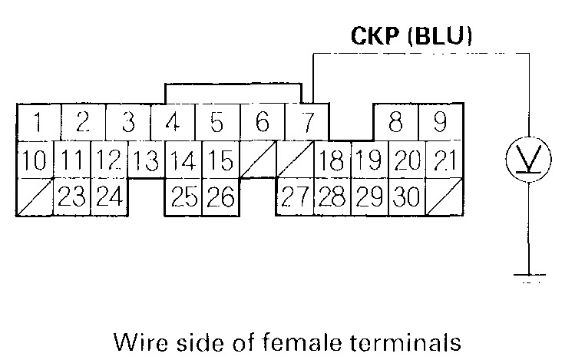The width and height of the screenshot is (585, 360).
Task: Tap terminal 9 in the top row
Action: (x=439, y=122)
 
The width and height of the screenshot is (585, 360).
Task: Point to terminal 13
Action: (x=146, y=161)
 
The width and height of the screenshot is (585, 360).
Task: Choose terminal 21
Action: (x=445, y=161)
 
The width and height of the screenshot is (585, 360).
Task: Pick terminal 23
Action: (x=71, y=198)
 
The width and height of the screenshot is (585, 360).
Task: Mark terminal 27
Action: (x=295, y=198)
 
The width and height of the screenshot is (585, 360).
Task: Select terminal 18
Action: (x=332, y=161)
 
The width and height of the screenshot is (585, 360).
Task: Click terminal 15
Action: (x=220, y=161)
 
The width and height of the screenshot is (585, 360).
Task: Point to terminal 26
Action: (x=220, y=198)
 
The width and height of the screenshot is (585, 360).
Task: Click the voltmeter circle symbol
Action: (x=527, y=161)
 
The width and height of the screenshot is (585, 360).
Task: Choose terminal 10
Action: (x=34, y=161)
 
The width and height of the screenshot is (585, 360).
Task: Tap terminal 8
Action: (x=396, y=122)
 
